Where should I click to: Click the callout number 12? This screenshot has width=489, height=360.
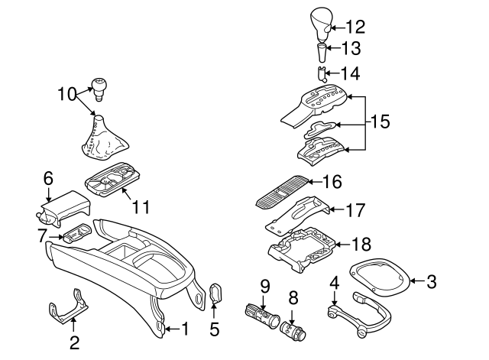[355, 26]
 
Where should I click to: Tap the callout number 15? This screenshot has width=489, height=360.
[381, 122]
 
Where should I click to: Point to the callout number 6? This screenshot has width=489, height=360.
[48, 177]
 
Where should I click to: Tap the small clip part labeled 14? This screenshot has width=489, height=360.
[323, 74]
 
